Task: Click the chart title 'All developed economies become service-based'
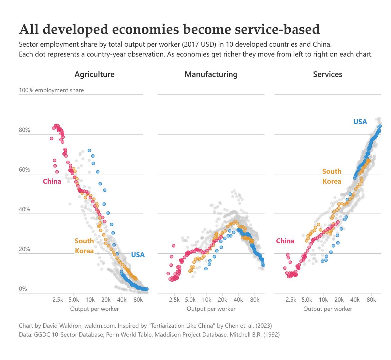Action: [x=169, y=29]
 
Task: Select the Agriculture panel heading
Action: [x=94, y=74]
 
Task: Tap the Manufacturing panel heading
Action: [x=211, y=74]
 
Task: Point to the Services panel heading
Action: [x=327, y=74]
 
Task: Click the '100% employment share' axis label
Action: [x=51, y=90]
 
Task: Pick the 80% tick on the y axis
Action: [x=24, y=130]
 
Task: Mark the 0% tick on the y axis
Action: [x=23, y=289]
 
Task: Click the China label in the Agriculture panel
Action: [x=52, y=181]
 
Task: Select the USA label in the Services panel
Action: [x=360, y=122]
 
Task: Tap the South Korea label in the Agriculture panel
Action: [x=84, y=246]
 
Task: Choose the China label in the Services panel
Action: [x=285, y=241]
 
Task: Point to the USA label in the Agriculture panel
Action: [x=138, y=255]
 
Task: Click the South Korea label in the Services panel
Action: [x=332, y=176]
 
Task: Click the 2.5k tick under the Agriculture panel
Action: [x=58, y=300]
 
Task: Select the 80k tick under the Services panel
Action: [x=371, y=300]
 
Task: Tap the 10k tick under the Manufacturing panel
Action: [x=206, y=300]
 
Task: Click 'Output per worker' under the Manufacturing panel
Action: [x=211, y=309]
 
